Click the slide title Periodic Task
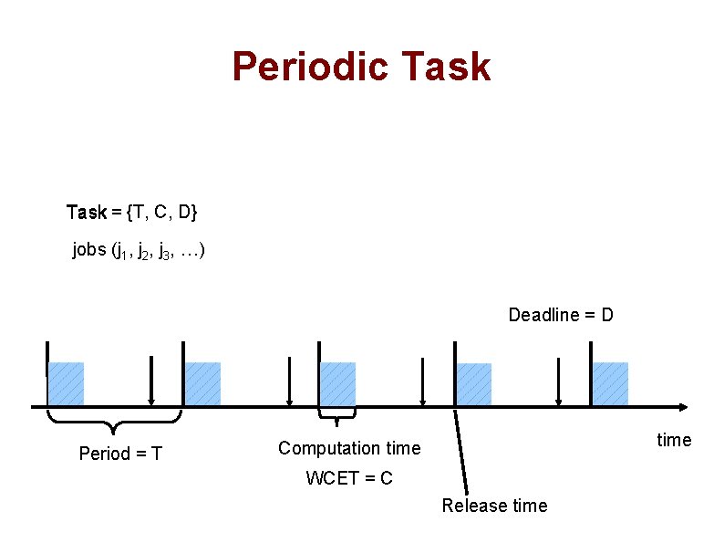point(361,67)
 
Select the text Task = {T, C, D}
point(132,213)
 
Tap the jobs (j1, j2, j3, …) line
point(139,250)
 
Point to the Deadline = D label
point(560,315)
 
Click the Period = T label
point(120,454)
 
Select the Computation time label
point(349,448)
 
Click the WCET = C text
point(349,478)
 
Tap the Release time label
point(494,506)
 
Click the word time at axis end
point(674,440)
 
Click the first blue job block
point(66,384)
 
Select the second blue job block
point(202,384)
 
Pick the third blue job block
point(338,384)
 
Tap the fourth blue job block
point(474,384)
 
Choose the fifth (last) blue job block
point(610,384)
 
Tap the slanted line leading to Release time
point(460,452)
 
